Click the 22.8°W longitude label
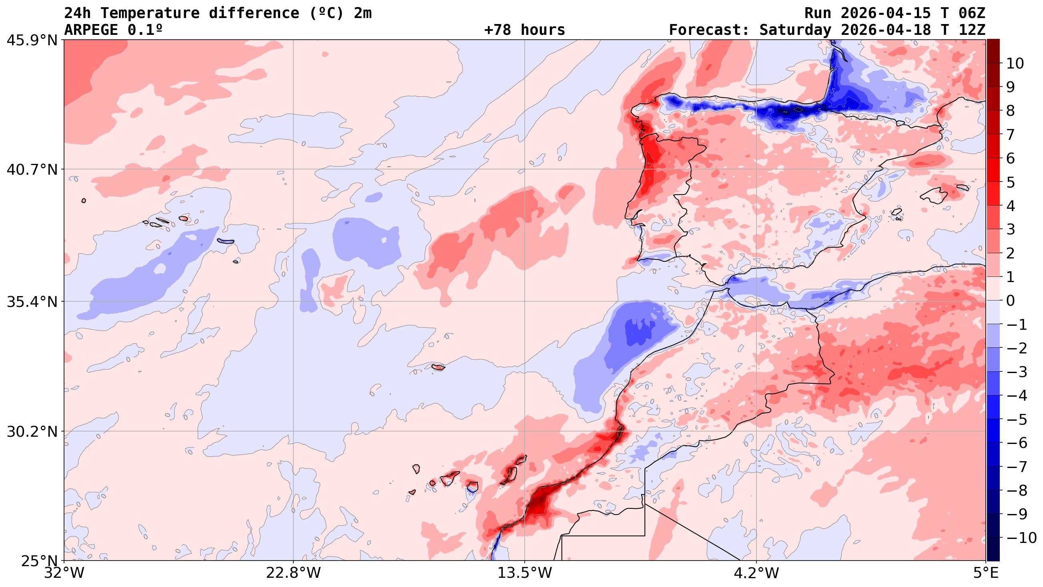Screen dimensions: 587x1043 [x=293, y=573]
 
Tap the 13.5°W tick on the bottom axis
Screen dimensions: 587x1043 [x=525, y=573]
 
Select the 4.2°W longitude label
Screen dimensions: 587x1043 [x=756, y=573]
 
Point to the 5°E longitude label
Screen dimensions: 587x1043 [x=985, y=573]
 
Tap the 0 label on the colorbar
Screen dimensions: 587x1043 [x=1011, y=301]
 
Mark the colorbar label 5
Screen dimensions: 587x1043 [x=1011, y=182]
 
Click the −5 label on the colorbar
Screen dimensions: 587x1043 [x=1016, y=420]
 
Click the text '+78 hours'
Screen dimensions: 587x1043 [x=524, y=30]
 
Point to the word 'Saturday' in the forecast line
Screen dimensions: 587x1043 [x=795, y=30]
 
